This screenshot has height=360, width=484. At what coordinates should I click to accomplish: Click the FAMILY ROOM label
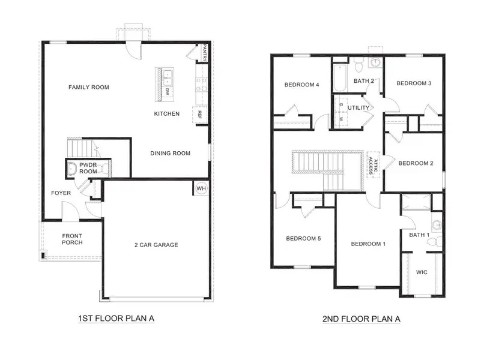pyautogui.click(x=88, y=87)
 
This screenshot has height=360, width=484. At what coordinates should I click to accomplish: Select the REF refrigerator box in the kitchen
pyautogui.click(x=198, y=114)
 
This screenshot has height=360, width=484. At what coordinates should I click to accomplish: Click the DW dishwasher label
pyautogui.click(x=166, y=92)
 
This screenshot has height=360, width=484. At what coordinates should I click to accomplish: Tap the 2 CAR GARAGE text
pyautogui.click(x=156, y=244)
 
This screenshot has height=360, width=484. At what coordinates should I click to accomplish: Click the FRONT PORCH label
pyautogui.click(x=72, y=239)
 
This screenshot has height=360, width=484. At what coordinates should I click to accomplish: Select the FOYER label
pyautogui.click(x=61, y=193)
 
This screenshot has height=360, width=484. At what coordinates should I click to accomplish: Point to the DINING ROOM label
pyautogui.click(x=170, y=153)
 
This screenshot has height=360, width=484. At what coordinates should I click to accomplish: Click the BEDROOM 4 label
pyautogui.click(x=301, y=85)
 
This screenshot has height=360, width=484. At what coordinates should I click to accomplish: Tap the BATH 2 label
pyautogui.click(x=364, y=80)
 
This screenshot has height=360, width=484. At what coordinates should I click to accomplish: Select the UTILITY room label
pyautogui.click(x=358, y=108)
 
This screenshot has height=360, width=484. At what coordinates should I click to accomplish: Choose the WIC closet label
pyautogui.click(x=422, y=272)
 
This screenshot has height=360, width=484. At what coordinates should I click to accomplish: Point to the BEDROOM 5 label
pyautogui.click(x=303, y=238)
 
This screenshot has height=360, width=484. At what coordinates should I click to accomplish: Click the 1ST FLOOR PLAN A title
pyautogui.click(x=116, y=318)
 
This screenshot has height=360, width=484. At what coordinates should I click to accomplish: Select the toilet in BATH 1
pyautogui.click(x=432, y=242)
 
